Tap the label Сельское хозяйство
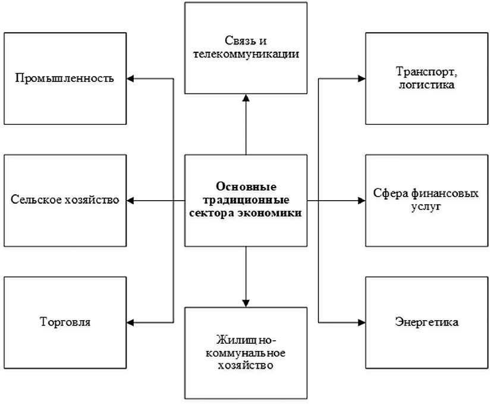pos(65,200)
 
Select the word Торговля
pos(65,323)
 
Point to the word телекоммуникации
pos(246,55)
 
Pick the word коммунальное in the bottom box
pos(246,352)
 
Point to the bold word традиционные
pos(246,200)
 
